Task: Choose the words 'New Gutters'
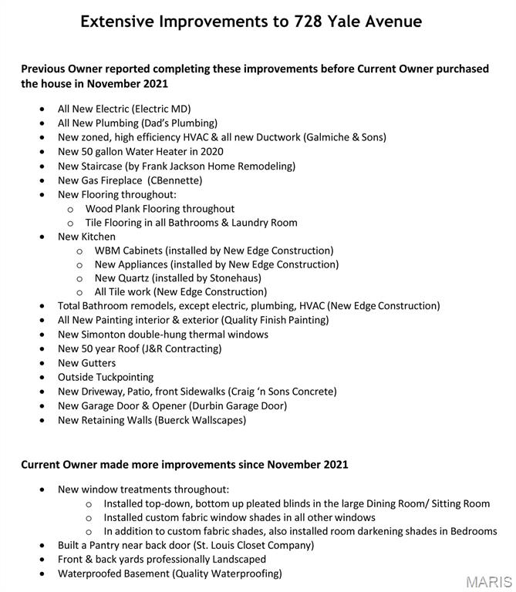pos(86,363)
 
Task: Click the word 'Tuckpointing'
pos(123,377)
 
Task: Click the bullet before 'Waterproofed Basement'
pos(42,573)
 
